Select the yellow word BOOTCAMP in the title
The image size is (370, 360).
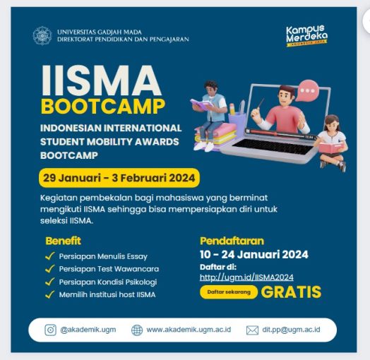pos(103,107)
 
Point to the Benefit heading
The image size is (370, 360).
pos(63,240)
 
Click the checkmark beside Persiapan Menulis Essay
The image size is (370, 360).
pos(49,256)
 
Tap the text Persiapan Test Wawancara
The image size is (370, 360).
pos(109,269)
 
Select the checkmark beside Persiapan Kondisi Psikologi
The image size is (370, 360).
pos(49,282)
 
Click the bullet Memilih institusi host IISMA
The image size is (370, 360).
pos(107,294)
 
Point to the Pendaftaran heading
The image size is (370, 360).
pos(232,240)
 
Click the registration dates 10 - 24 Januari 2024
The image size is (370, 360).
pos(254,255)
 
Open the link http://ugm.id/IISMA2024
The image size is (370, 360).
pos(246,277)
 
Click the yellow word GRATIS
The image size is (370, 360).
pos(291,292)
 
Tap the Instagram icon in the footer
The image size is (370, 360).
pos(51,330)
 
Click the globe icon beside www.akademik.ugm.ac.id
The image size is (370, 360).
pos(137,330)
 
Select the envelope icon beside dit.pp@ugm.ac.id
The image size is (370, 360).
pos(252,330)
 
